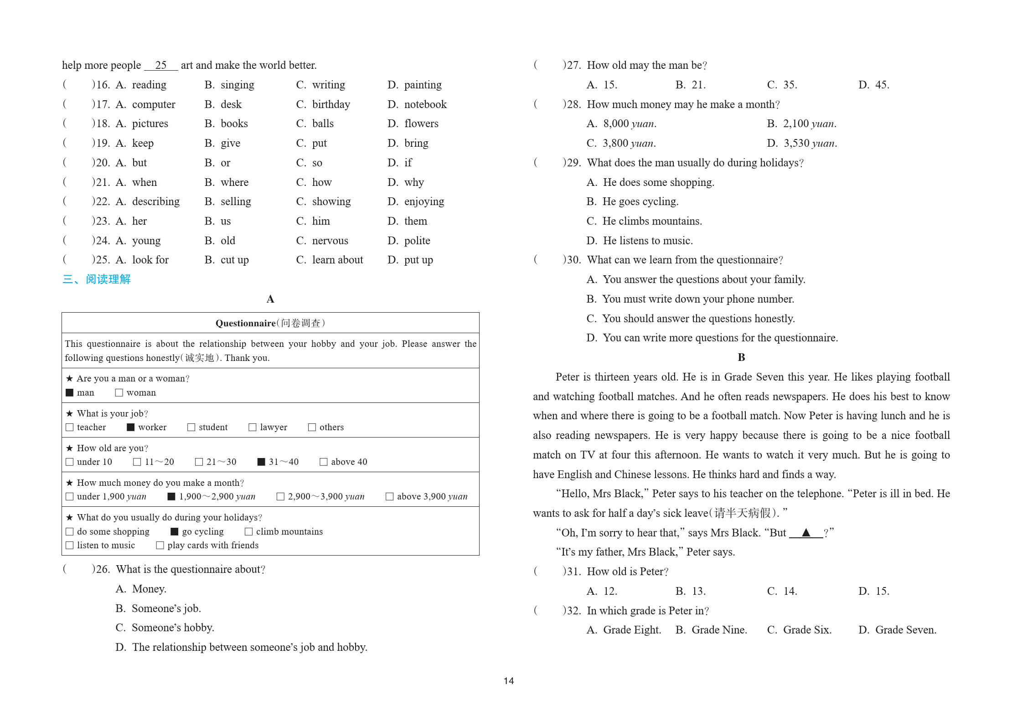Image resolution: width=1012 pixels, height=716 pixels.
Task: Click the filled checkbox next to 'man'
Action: tap(70, 392)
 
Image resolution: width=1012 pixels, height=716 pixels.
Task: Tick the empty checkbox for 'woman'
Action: tap(119, 392)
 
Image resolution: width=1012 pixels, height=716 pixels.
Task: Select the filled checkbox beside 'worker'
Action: tap(131, 427)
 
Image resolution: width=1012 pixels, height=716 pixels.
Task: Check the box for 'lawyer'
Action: tap(252, 427)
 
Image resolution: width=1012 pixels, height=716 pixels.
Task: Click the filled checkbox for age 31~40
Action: tap(261, 462)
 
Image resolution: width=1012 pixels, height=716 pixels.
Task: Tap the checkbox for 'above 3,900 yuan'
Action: tap(389, 496)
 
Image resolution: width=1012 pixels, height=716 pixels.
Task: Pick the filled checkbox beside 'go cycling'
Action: tap(174, 531)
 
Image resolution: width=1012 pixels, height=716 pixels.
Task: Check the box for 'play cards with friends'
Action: tap(160, 545)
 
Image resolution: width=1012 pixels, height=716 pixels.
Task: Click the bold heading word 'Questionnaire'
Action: tap(245, 323)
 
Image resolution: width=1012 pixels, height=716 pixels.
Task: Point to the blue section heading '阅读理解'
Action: tap(108, 279)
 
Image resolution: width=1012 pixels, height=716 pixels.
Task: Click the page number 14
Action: tap(509, 680)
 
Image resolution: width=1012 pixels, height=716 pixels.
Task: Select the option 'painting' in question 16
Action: tap(423, 85)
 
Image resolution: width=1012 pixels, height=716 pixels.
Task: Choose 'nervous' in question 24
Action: tap(330, 241)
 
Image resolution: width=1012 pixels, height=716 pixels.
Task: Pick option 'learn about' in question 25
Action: tap(337, 260)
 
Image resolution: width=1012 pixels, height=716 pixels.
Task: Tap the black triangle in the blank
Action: tap(806, 532)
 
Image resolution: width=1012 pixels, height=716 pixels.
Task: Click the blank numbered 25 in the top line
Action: tap(161, 65)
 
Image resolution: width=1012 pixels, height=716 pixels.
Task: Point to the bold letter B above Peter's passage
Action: tap(741, 357)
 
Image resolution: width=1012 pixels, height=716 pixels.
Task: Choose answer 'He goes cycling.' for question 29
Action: tap(640, 201)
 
